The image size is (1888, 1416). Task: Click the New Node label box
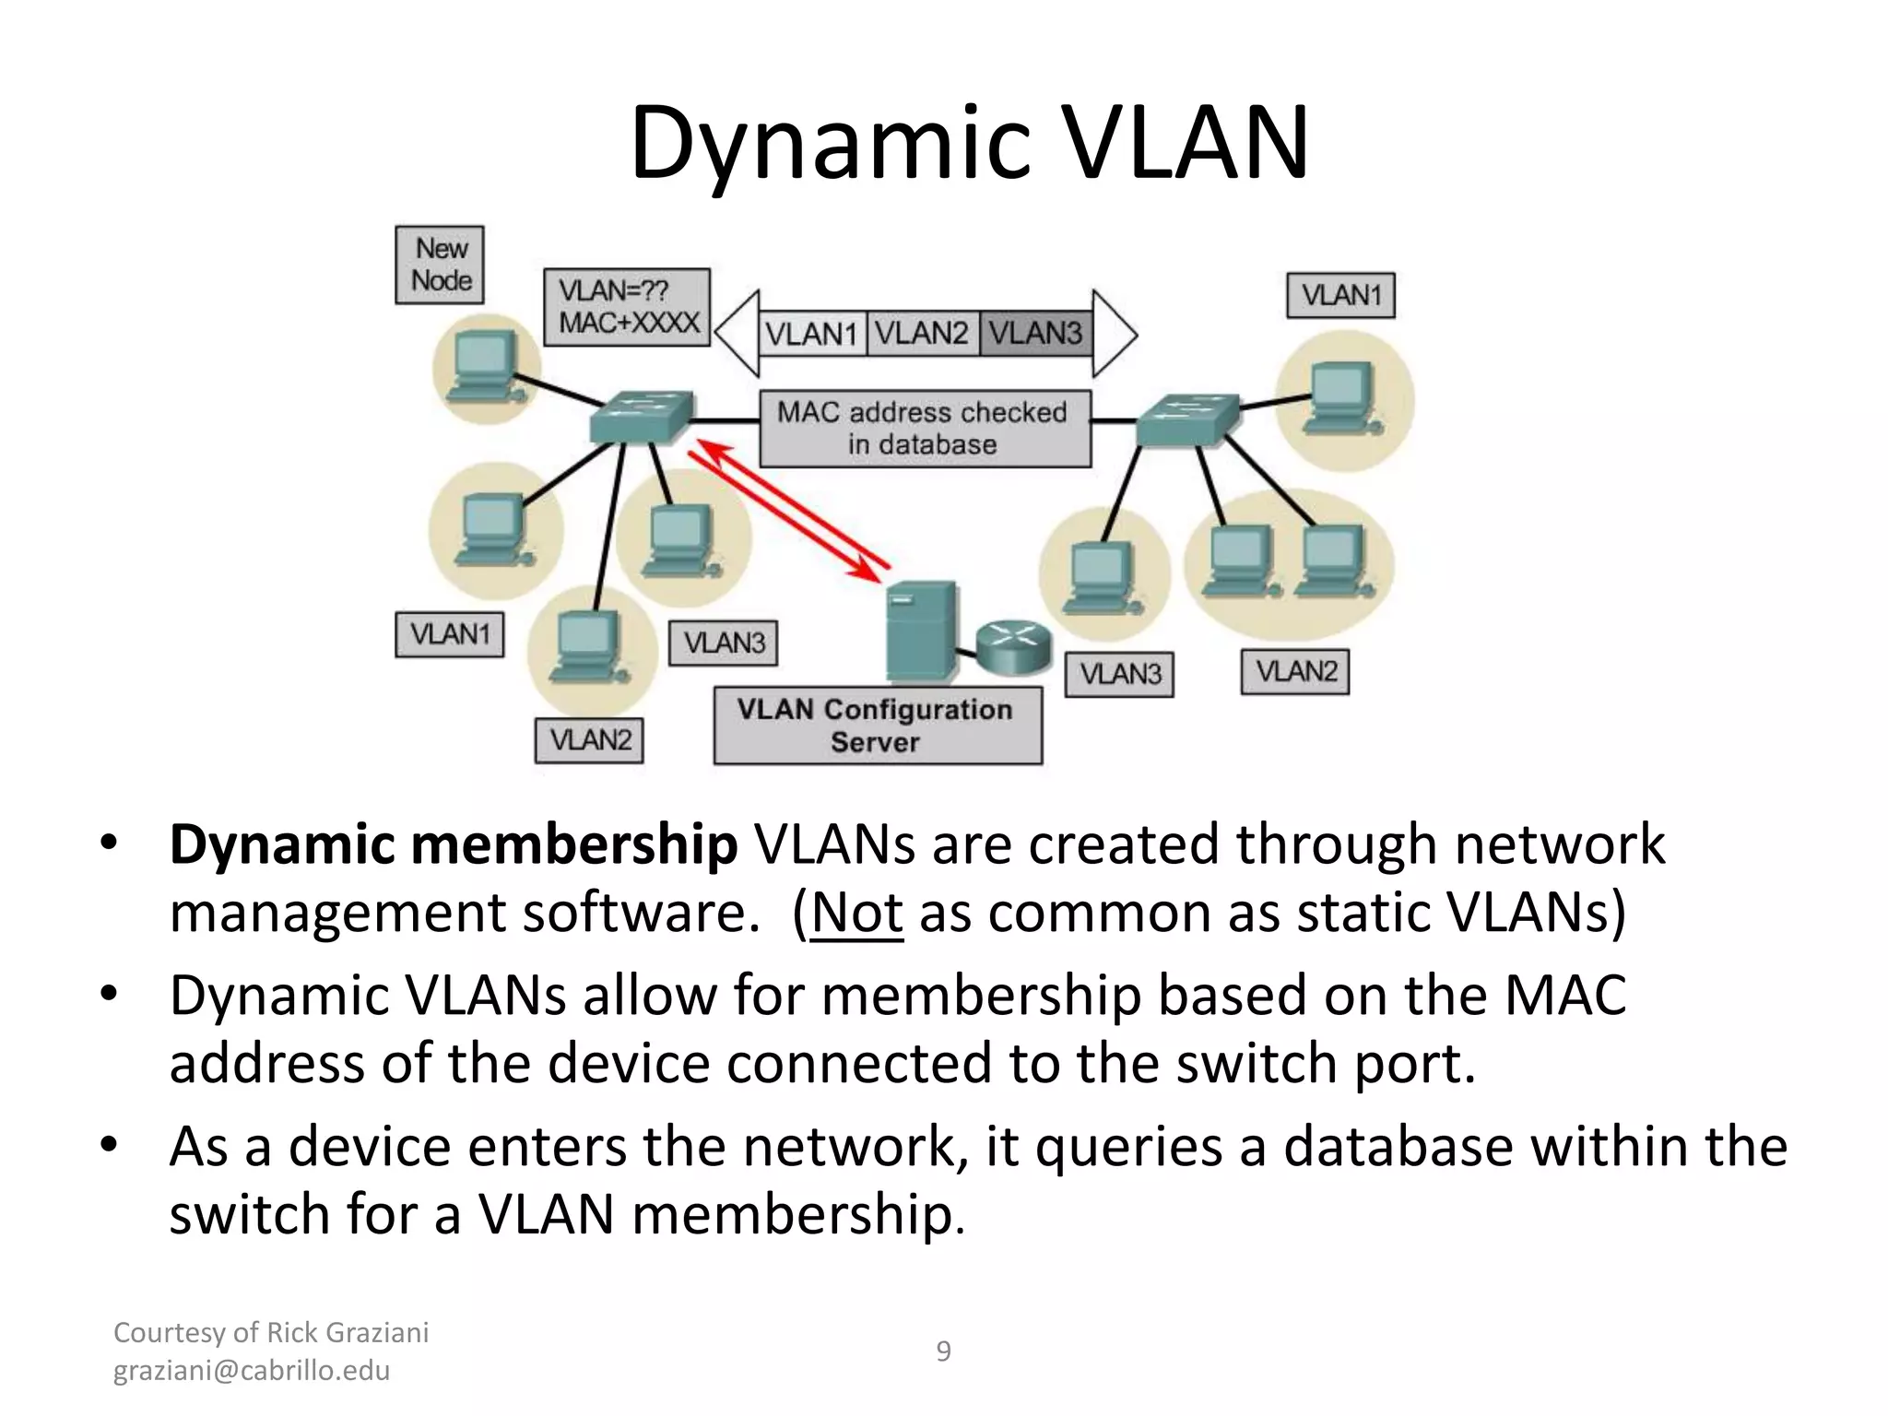pos(440,265)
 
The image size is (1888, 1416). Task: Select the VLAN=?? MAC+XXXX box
pos(627,307)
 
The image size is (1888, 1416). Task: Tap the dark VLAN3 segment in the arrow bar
pos(1035,333)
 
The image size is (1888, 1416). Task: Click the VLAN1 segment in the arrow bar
pos(812,334)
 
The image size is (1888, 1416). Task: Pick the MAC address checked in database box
pos(924,429)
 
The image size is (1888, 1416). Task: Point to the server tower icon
pos(919,632)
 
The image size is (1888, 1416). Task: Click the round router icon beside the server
pos(1014,645)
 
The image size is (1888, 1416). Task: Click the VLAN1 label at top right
pos(1340,296)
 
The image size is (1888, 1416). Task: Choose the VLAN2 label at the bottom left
pos(589,740)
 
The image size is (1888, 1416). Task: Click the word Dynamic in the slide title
pos(828,144)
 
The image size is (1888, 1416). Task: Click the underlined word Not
pos(856,914)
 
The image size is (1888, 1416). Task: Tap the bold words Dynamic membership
pos(453,844)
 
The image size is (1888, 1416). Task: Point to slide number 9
pos(943,1351)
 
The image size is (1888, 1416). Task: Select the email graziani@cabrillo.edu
pos(251,1371)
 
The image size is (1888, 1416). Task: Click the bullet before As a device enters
pos(110,1145)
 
